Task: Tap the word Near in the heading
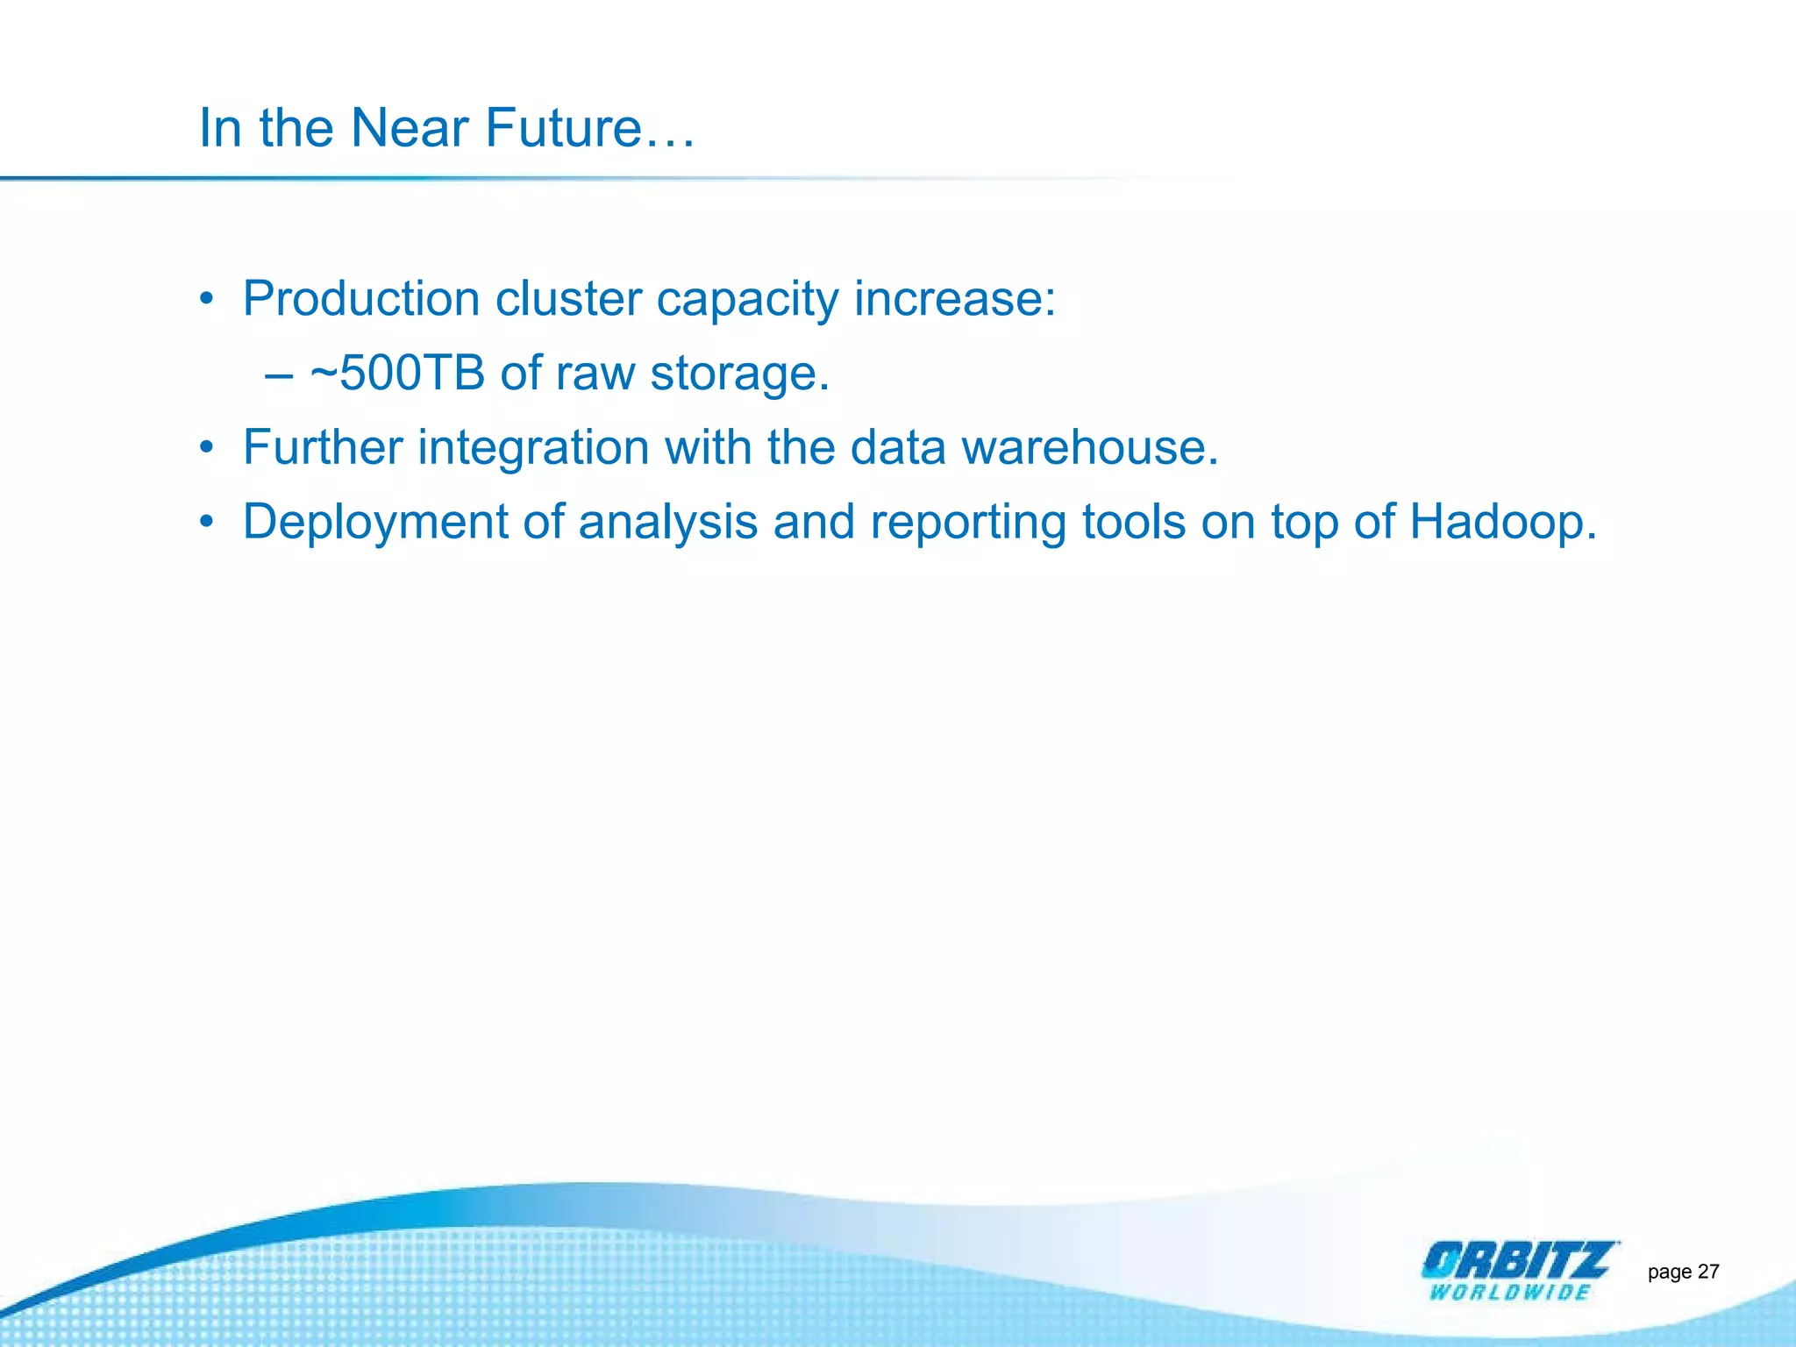[x=410, y=129]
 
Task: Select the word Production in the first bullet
[x=361, y=299]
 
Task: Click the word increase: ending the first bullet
[x=955, y=299]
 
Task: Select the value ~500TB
[x=397, y=373]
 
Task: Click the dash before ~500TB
[x=278, y=375]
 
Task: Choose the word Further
[x=323, y=447]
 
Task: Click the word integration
[x=533, y=449]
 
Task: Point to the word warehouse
[x=1089, y=447]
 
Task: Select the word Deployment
[x=375, y=523]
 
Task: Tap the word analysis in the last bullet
[x=668, y=523]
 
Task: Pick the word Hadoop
[x=1501, y=523]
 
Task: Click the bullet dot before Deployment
[x=207, y=523]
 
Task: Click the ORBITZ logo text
[x=1518, y=1261]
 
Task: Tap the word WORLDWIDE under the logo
[x=1509, y=1293]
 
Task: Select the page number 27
[x=1708, y=1272]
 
